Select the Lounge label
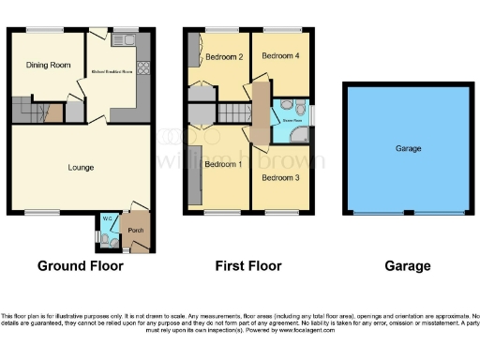tap(81, 168)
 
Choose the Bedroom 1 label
tap(223, 165)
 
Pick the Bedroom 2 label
tap(225, 57)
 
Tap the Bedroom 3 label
tap(280, 177)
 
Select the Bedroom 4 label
tap(280, 56)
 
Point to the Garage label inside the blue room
tap(408, 149)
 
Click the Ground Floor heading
tap(80, 266)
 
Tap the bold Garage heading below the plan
tap(408, 266)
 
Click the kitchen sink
tap(121, 39)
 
